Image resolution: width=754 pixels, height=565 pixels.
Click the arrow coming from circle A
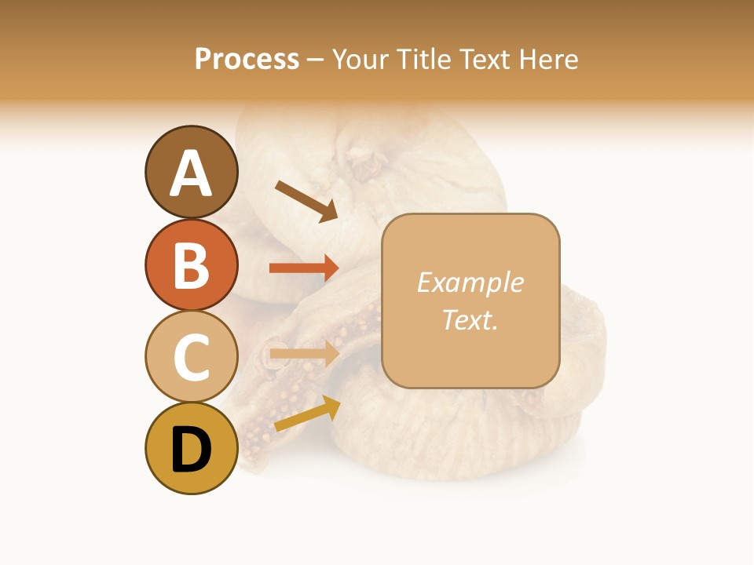tap(306, 201)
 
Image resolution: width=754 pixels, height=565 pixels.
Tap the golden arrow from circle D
tap(306, 414)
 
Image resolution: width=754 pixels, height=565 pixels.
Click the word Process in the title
tap(247, 60)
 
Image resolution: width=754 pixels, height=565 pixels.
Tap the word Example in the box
tap(470, 282)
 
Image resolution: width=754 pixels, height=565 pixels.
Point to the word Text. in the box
tap(470, 319)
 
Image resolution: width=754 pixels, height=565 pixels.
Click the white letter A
tap(191, 174)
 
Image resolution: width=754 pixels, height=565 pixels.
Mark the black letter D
tap(191, 450)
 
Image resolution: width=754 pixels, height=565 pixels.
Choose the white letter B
tap(191, 266)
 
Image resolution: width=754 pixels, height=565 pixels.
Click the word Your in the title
tap(361, 60)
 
